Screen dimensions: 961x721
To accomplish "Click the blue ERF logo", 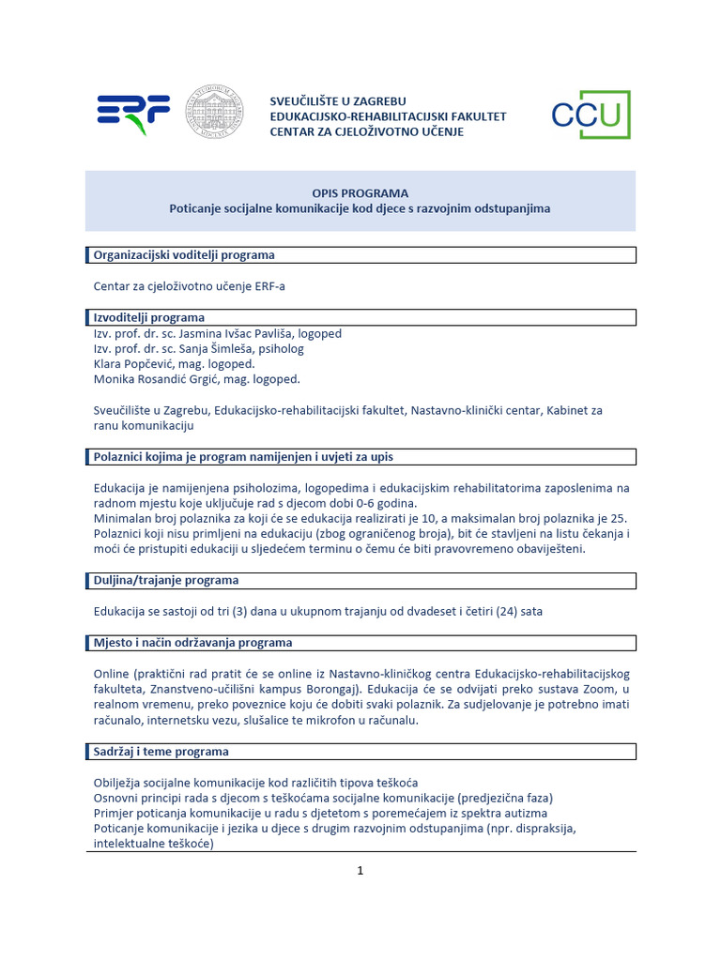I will [x=133, y=114].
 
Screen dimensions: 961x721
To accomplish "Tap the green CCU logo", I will [x=590, y=114].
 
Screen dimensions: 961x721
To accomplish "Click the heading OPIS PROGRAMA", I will [x=360, y=192].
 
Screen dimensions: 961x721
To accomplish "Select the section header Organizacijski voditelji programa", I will [x=184, y=255].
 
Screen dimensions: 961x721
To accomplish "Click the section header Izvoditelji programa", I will [x=149, y=317].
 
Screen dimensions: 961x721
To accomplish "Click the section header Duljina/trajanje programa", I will [x=166, y=580].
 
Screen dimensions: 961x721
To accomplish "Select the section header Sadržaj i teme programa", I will [x=161, y=752].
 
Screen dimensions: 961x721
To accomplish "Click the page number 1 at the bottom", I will [x=360, y=870].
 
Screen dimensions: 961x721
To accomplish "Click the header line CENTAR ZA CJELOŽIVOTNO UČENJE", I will [x=366, y=131].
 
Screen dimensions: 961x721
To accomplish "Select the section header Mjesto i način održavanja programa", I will [x=192, y=643].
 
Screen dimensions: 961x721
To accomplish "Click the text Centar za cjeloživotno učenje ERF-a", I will [x=189, y=286].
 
